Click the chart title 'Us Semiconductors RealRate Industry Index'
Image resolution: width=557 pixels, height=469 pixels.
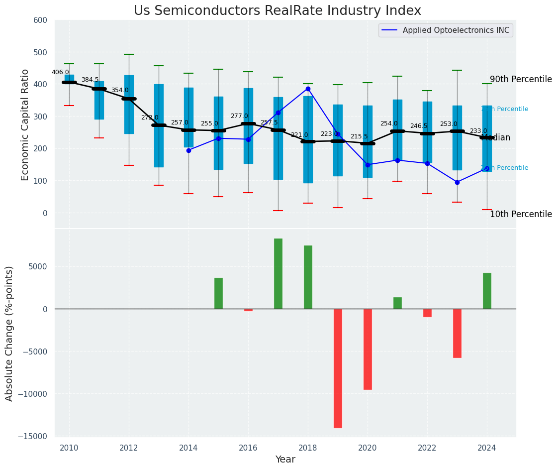[278, 11]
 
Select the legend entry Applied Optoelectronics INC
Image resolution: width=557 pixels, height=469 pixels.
[456, 30]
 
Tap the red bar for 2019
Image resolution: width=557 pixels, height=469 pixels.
[338, 368]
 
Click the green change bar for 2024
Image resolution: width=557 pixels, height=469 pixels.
[487, 291]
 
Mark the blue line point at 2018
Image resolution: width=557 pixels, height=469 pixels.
[308, 89]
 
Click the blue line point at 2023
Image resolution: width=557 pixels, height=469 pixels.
[457, 182]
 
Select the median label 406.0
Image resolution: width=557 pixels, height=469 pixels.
[60, 72]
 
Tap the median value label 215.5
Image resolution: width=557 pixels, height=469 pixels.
[359, 136]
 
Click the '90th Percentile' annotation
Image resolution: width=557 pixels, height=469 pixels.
[521, 80]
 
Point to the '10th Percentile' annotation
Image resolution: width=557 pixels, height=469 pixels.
[521, 215]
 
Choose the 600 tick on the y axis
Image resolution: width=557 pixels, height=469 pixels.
[40, 20]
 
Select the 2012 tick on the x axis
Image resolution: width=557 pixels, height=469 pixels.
[129, 448]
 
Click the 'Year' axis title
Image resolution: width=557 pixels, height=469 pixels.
[285, 460]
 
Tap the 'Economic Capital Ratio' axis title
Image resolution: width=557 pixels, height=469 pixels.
[25, 124]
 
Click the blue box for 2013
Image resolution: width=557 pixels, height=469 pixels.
[159, 125]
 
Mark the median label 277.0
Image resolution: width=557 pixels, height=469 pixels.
[239, 116]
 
